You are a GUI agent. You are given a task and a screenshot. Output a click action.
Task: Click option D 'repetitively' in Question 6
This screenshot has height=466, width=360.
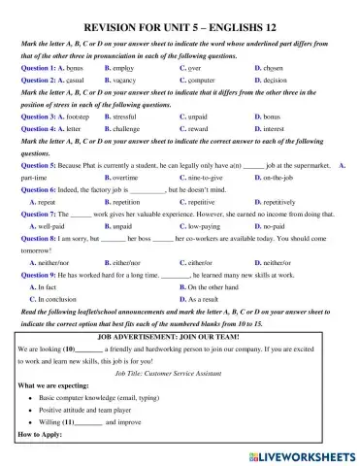[280, 205]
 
